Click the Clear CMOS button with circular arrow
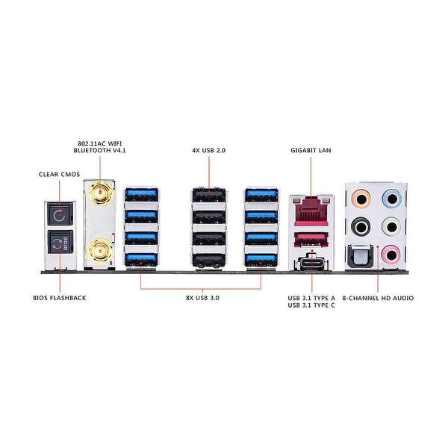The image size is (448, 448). (60, 214)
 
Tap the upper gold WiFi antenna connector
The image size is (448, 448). (100, 193)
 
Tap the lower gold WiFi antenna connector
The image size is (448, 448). (100, 251)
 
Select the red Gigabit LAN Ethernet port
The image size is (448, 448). (311, 211)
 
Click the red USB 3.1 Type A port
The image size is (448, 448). (311, 240)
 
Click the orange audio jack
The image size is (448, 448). (361, 199)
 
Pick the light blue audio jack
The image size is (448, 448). (392, 199)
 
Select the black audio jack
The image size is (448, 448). (361, 228)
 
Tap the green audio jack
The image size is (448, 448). (392, 227)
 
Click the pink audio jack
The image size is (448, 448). (392, 255)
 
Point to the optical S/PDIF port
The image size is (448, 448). (360, 256)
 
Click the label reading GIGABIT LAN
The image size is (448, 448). (311, 150)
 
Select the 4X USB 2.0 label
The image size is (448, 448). (209, 150)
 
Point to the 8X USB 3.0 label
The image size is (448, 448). (202, 298)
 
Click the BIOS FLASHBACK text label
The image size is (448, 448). (60, 298)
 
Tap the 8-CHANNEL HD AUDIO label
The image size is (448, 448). (378, 298)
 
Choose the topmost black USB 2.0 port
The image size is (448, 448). (209, 195)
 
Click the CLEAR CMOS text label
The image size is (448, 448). (60, 174)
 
